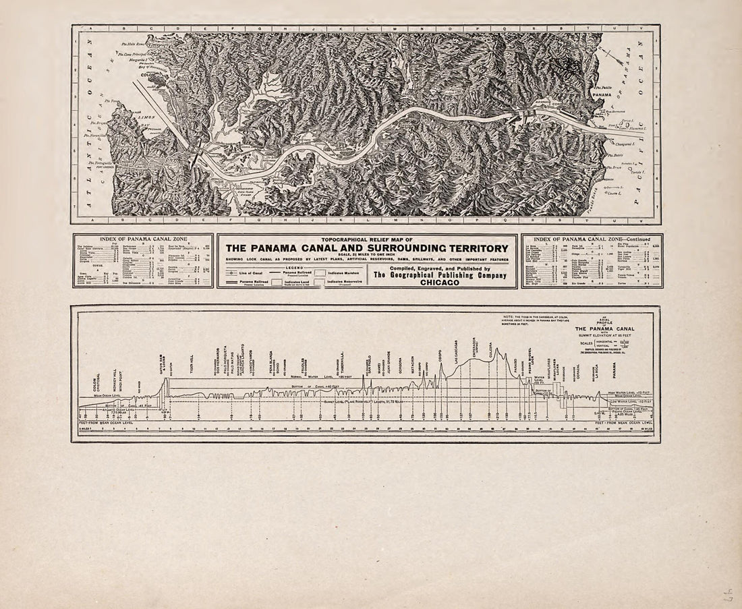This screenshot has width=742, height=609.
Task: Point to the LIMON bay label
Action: [x=146, y=117]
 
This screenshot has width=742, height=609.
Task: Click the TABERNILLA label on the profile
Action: [x=343, y=364]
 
